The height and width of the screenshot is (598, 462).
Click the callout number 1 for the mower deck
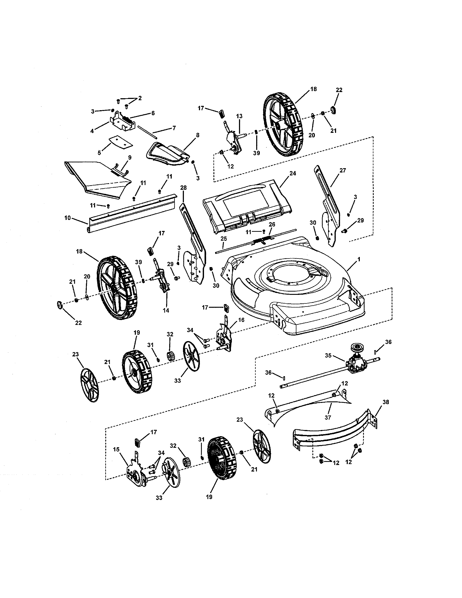[x=359, y=259]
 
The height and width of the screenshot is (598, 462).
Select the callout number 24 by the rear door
[x=293, y=173]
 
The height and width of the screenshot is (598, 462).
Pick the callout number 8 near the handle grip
[x=198, y=135]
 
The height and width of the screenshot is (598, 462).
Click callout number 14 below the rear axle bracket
[x=166, y=310]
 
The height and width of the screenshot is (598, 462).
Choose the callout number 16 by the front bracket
[x=241, y=320]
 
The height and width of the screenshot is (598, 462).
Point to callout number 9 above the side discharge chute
[x=130, y=157]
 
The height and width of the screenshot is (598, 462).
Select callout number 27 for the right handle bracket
[x=343, y=170]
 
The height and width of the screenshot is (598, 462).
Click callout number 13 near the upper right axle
[x=239, y=116]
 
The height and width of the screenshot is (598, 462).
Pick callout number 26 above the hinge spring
[x=272, y=224]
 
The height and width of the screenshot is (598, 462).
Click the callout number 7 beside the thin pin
[x=174, y=128]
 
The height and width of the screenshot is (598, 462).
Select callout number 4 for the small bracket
[x=92, y=131]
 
